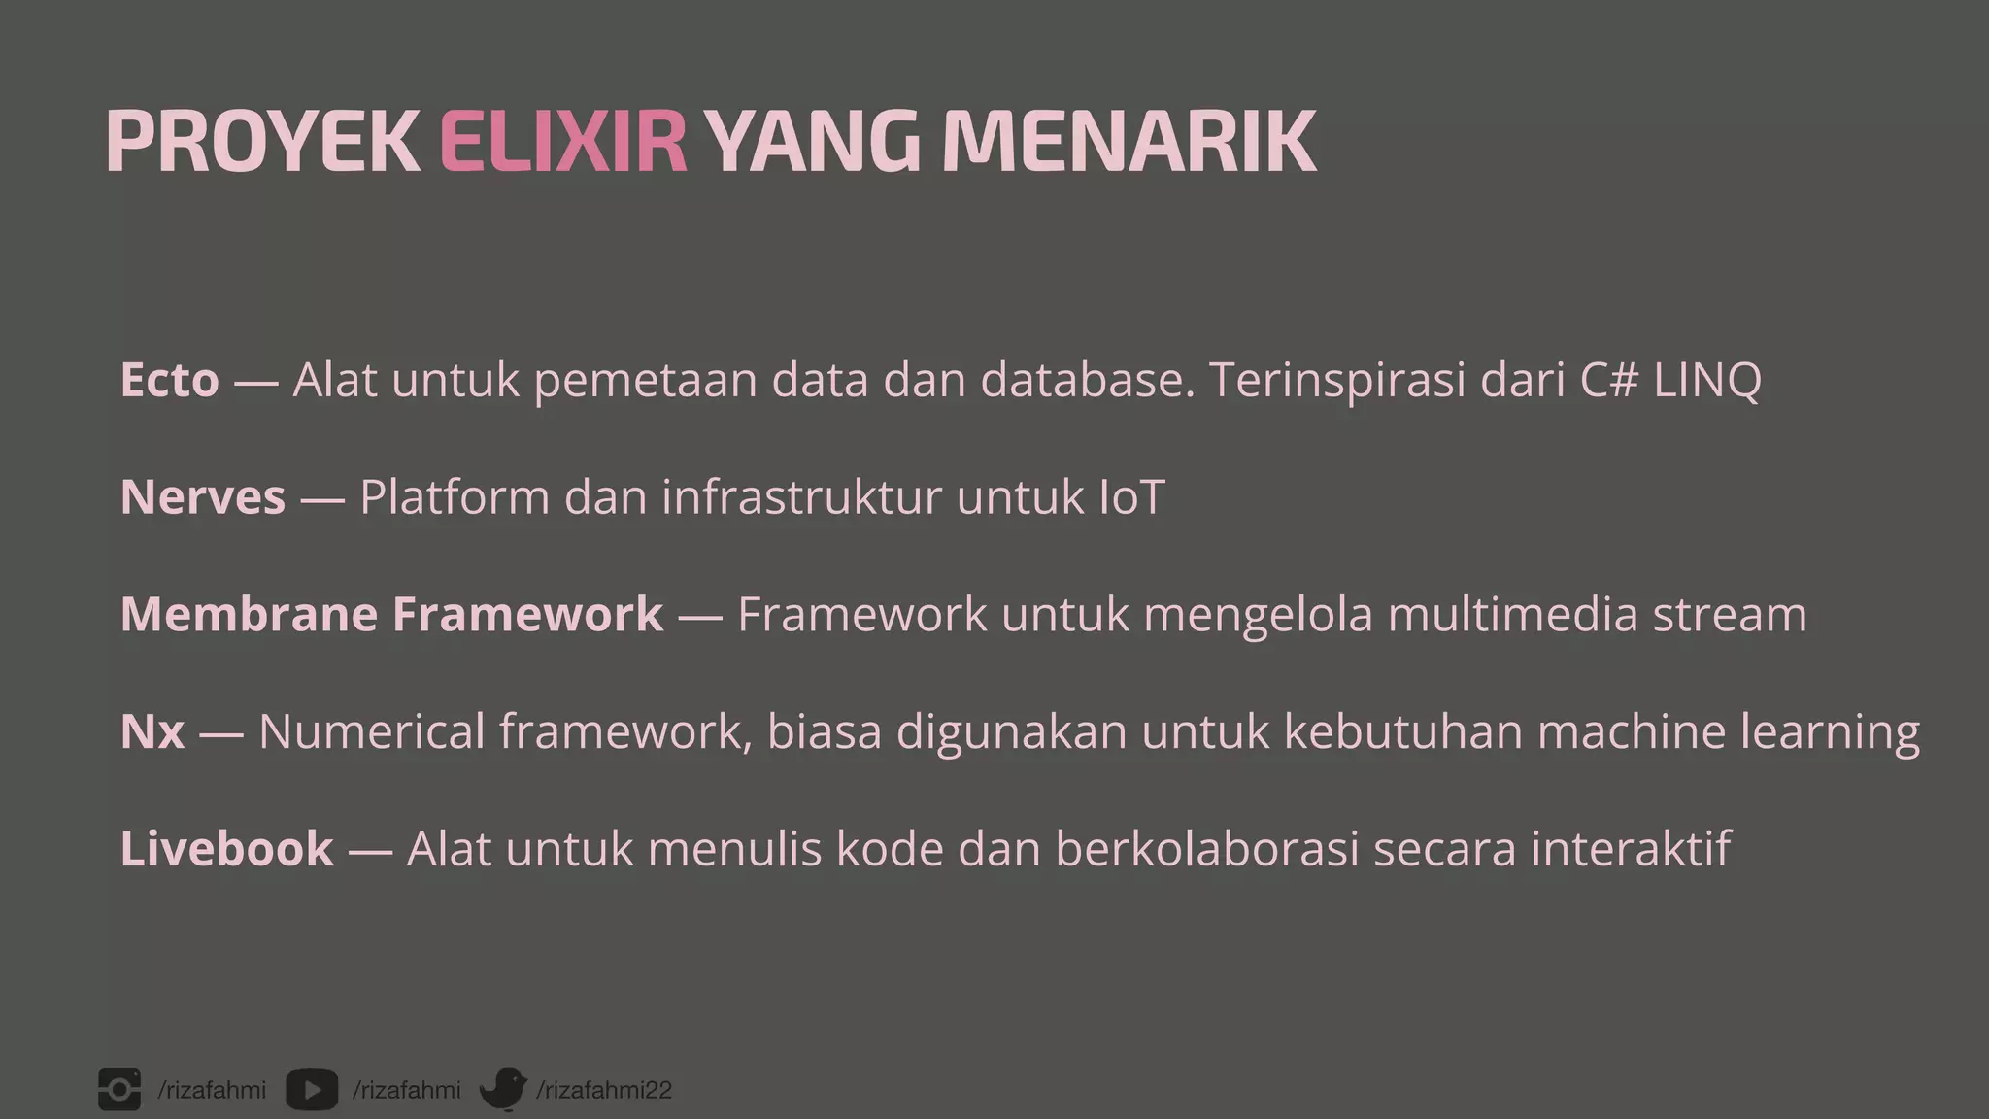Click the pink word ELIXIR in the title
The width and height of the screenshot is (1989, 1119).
(x=563, y=142)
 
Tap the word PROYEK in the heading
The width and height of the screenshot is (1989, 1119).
(x=262, y=142)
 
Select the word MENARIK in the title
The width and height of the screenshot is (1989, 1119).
(x=1129, y=142)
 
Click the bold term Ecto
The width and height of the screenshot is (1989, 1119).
(x=169, y=380)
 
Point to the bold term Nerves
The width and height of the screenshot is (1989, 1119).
(x=202, y=497)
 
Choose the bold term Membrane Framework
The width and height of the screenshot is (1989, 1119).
(x=391, y=614)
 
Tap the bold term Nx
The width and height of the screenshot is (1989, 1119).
(x=152, y=731)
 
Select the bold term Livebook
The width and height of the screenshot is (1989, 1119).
(x=226, y=849)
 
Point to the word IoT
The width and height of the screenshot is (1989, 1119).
(x=1131, y=497)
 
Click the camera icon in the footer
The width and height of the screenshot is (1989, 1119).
(x=119, y=1090)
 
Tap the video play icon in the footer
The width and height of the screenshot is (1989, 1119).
(x=312, y=1090)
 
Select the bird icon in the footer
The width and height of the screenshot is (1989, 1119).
(x=503, y=1089)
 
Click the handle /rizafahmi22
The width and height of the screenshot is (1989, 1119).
(x=604, y=1090)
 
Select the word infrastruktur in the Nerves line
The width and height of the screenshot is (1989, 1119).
(x=801, y=497)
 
